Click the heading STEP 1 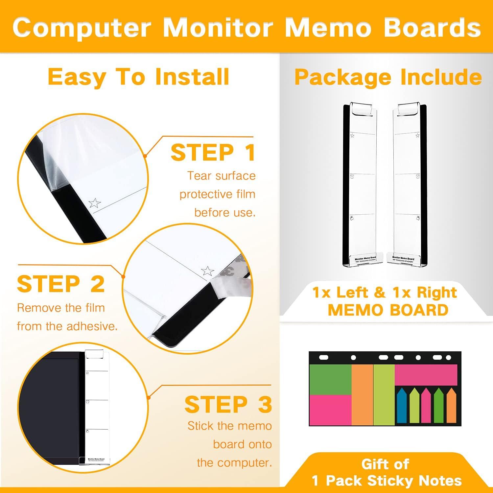(x=213, y=153)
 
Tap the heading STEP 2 (x=61, y=284)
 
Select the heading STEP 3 (x=228, y=404)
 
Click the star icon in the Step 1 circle (x=95, y=203)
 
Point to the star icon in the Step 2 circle (x=207, y=271)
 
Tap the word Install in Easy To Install (x=192, y=77)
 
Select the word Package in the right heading (x=344, y=77)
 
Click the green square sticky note (x=330, y=379)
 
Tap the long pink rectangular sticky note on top (x=426, y=375)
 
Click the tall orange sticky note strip (x=362, y=394)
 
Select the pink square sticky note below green (x=330, y=410)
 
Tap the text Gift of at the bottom (x=385, y=464)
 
